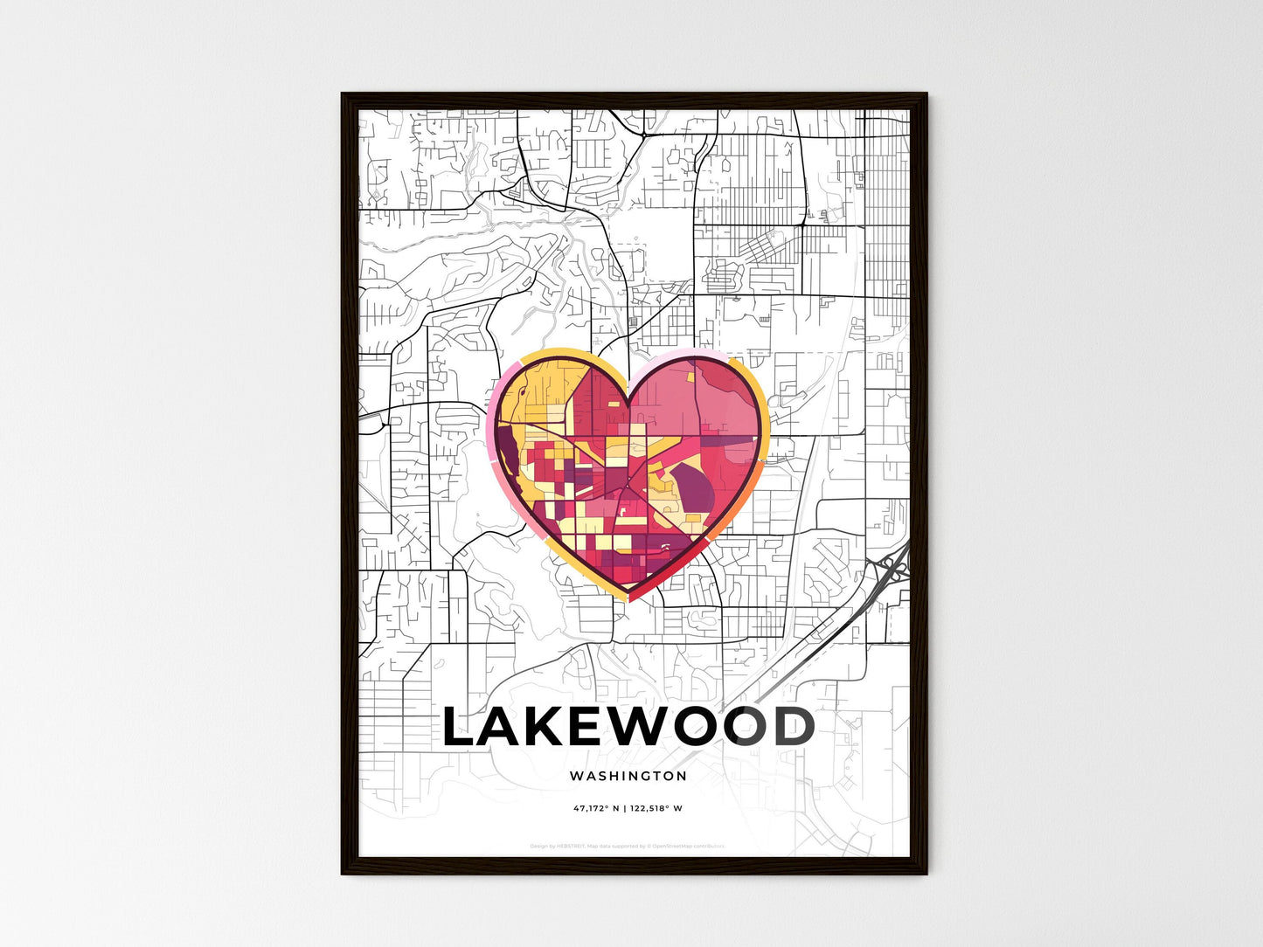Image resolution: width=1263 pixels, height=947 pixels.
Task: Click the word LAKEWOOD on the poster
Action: coord(628,728)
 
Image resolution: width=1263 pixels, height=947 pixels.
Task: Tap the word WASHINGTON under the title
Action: coord(628,776)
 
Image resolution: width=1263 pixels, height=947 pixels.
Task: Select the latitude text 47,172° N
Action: coord(596,809)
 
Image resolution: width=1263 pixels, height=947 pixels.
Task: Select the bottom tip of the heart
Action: coord(628,599)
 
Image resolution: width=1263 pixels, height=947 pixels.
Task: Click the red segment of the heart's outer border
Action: coord(664,582)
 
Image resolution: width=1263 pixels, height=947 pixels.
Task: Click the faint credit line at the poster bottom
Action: coord(628,846)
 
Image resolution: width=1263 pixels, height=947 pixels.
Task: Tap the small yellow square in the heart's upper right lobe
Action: coord(689,378)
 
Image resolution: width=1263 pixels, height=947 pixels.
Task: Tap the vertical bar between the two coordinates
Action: coord(625,809)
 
